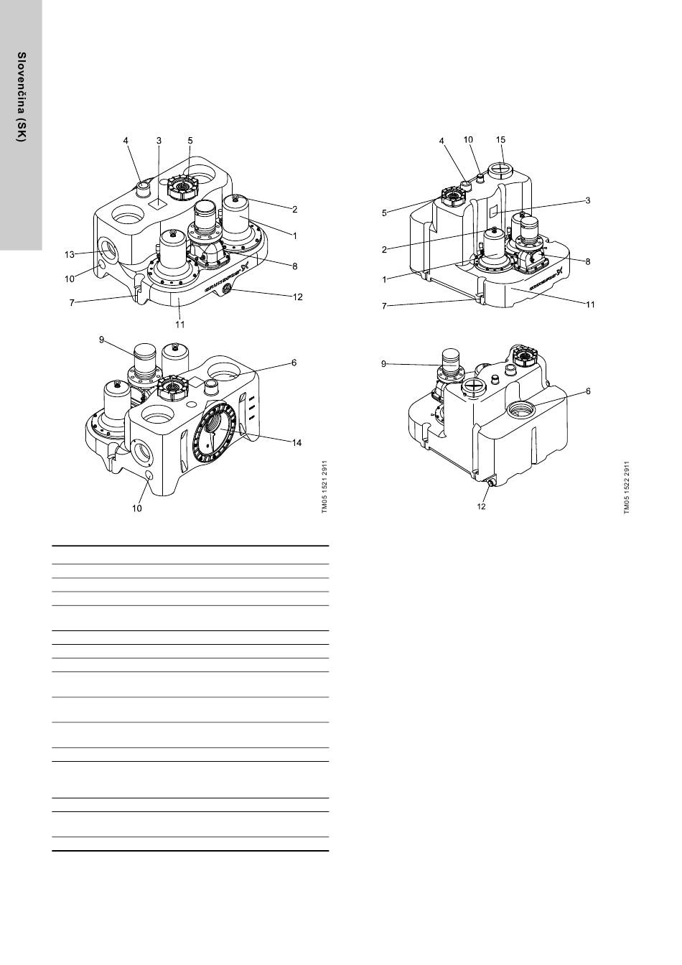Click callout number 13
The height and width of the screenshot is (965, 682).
(69, 253)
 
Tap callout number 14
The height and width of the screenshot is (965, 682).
(296, 443)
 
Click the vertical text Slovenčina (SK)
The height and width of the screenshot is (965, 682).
(22, 97)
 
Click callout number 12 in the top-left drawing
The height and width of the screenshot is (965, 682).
(296, 297)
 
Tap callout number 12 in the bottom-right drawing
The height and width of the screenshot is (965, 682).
(483, 505)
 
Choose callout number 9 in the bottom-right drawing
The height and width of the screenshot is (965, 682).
(384, 365)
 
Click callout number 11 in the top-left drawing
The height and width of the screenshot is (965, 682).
(180, 325)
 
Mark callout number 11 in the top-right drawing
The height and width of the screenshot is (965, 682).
(589, 304)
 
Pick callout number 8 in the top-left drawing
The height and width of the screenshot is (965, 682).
(294, 266)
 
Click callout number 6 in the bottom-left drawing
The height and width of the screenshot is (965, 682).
(294, 363)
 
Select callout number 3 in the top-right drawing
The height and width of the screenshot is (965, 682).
(587, 200)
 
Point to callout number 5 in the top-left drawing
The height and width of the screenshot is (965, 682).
(190, 141)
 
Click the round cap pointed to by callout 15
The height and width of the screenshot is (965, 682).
(501, 171)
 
